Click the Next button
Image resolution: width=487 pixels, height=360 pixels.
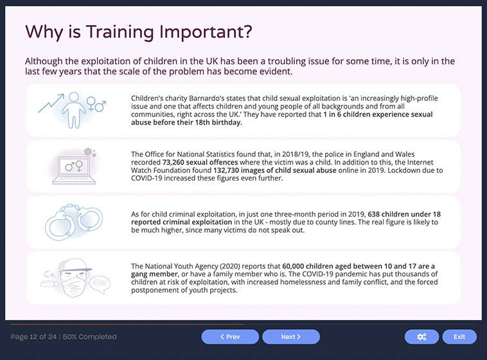(291, 337)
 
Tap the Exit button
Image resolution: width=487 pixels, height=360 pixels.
(459, 337)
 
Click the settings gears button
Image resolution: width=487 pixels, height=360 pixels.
(421, 337)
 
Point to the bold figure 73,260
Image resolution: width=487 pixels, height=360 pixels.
(173, 163)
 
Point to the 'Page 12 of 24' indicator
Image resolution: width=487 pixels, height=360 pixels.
(33, 337)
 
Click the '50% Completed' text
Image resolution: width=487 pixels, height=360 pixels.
(92, 337)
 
